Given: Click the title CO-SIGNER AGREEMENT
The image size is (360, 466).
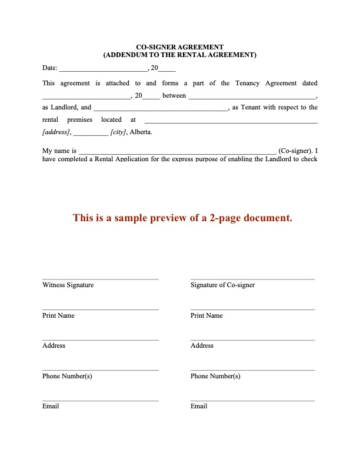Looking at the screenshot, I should tap(180, 46).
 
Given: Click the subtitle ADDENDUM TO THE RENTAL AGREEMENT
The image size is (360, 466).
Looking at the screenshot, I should tap(180, 54).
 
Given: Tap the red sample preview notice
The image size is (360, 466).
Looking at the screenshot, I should tap(182, 218).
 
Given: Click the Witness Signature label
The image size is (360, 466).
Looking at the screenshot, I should tap(68, 285).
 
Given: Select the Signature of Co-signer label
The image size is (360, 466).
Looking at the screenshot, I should tap(222, 285).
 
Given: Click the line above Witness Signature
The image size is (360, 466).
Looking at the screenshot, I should tap(100, 279).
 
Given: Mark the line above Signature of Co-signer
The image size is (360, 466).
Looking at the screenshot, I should tap(252, 279).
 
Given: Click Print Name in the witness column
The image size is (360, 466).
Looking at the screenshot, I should tap(58, 315).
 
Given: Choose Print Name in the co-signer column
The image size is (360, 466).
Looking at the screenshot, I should tap(206, 315).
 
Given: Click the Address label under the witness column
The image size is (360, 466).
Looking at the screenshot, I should tap(54, 345).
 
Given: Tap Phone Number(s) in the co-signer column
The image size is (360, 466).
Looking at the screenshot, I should tap(215, 376).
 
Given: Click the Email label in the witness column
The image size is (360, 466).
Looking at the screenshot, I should tap(51, 406).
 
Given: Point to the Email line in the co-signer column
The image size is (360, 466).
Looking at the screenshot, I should tap(252, 401).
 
